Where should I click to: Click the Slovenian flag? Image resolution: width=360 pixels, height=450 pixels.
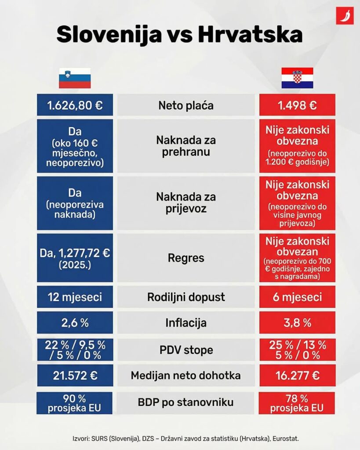click(x=75, y=78)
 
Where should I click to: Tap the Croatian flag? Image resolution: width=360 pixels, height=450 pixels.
click(x=297, y=78)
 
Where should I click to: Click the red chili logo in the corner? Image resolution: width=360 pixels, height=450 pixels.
click(x=345, y=16)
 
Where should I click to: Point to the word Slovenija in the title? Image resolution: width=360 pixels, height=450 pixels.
click(x=109, y=34)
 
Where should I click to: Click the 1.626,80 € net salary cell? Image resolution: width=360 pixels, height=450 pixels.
click(x=75, y=105)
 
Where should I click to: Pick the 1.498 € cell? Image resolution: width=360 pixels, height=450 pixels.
click(x=298, y=105)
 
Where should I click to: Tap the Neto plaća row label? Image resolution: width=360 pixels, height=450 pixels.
click(x=186, y=105)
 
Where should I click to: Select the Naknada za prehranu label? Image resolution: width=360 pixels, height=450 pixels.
click(x=186, y=146)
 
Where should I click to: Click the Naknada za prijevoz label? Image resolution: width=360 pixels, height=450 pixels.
click(x=186, y=203)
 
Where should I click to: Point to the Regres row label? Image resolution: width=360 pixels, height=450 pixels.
click(x=186, y=258)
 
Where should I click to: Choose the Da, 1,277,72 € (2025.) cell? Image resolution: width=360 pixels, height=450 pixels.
click(x=75, y=258)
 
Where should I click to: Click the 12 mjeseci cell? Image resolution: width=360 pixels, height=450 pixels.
click(x=75, y=297)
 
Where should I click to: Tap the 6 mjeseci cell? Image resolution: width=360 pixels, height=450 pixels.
click(x=298, y=297)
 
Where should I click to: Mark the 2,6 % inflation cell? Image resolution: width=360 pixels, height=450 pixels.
click(x=75, y=323)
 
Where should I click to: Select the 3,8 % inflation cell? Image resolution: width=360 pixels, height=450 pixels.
click(x=298, y=323)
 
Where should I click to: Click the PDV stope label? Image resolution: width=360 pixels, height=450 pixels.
click(x=186, y=350)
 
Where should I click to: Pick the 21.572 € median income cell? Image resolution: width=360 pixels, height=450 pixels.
click(x=75, y=376)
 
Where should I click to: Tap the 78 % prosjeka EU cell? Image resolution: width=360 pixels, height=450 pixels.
click(x=298, y=403)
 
